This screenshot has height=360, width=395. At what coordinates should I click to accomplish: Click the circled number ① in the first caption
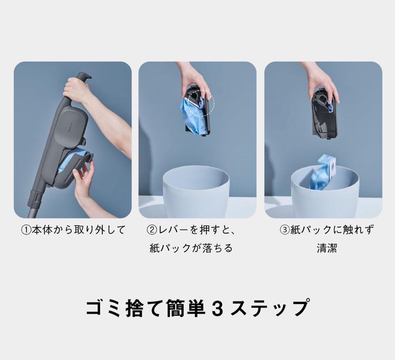pyautogui.click(x=26, y=230)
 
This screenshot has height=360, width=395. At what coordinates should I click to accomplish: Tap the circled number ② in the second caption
pyautogui.click(x=152, y=230)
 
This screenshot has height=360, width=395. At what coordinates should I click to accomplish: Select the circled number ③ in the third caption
pyautogui.click(x=285, y=230)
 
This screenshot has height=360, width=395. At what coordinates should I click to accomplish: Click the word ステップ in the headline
pyautogui.click(x=271, y=308)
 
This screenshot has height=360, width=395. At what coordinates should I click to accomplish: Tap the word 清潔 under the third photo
pyautogui.click(x=327, y=248)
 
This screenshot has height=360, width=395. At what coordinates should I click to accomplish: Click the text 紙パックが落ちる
pyautogui.click(x=191, y=248)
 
